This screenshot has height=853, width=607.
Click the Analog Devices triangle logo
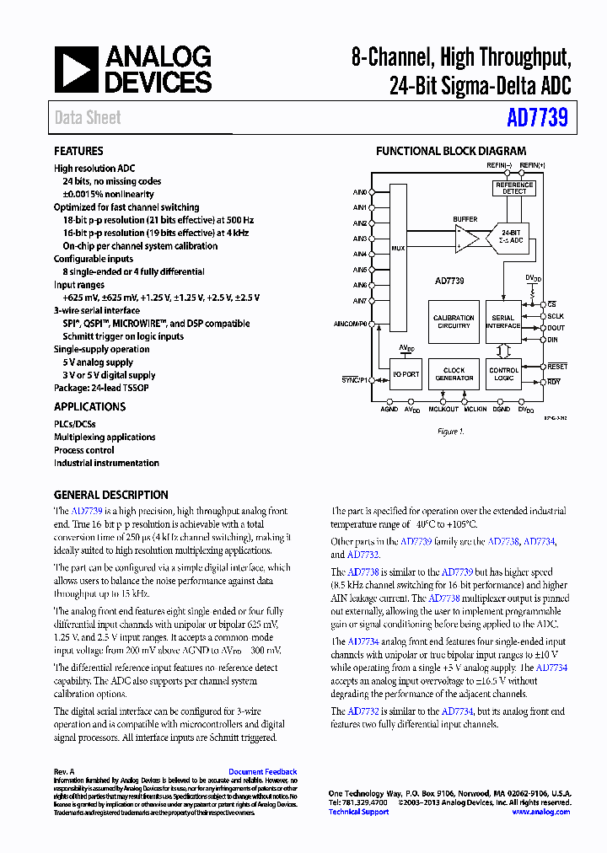[77, 69]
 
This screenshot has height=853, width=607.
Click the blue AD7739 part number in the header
[537, 119]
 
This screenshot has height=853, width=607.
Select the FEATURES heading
[78, 151]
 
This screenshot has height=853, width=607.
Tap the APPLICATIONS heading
[89, 406]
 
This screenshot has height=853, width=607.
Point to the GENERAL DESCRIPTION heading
[110, 495]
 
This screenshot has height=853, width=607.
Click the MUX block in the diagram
[398, 249]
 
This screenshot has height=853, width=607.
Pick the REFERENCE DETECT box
[513, 188]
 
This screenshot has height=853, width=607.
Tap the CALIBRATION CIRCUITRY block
[454, 322]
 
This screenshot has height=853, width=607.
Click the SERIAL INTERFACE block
[504, 322]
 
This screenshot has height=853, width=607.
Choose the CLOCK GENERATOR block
[454, 374]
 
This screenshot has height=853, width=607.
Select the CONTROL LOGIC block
[504, 374]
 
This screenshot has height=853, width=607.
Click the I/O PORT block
[406, 374]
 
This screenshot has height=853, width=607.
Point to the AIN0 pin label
[360, 192]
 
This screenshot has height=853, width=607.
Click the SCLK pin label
[556, 316]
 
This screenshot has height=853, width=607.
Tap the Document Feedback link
[262, 772]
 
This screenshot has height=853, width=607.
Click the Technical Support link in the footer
[358, 812]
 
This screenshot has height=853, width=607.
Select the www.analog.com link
[540, 812]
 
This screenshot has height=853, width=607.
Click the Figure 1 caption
[450, 432]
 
